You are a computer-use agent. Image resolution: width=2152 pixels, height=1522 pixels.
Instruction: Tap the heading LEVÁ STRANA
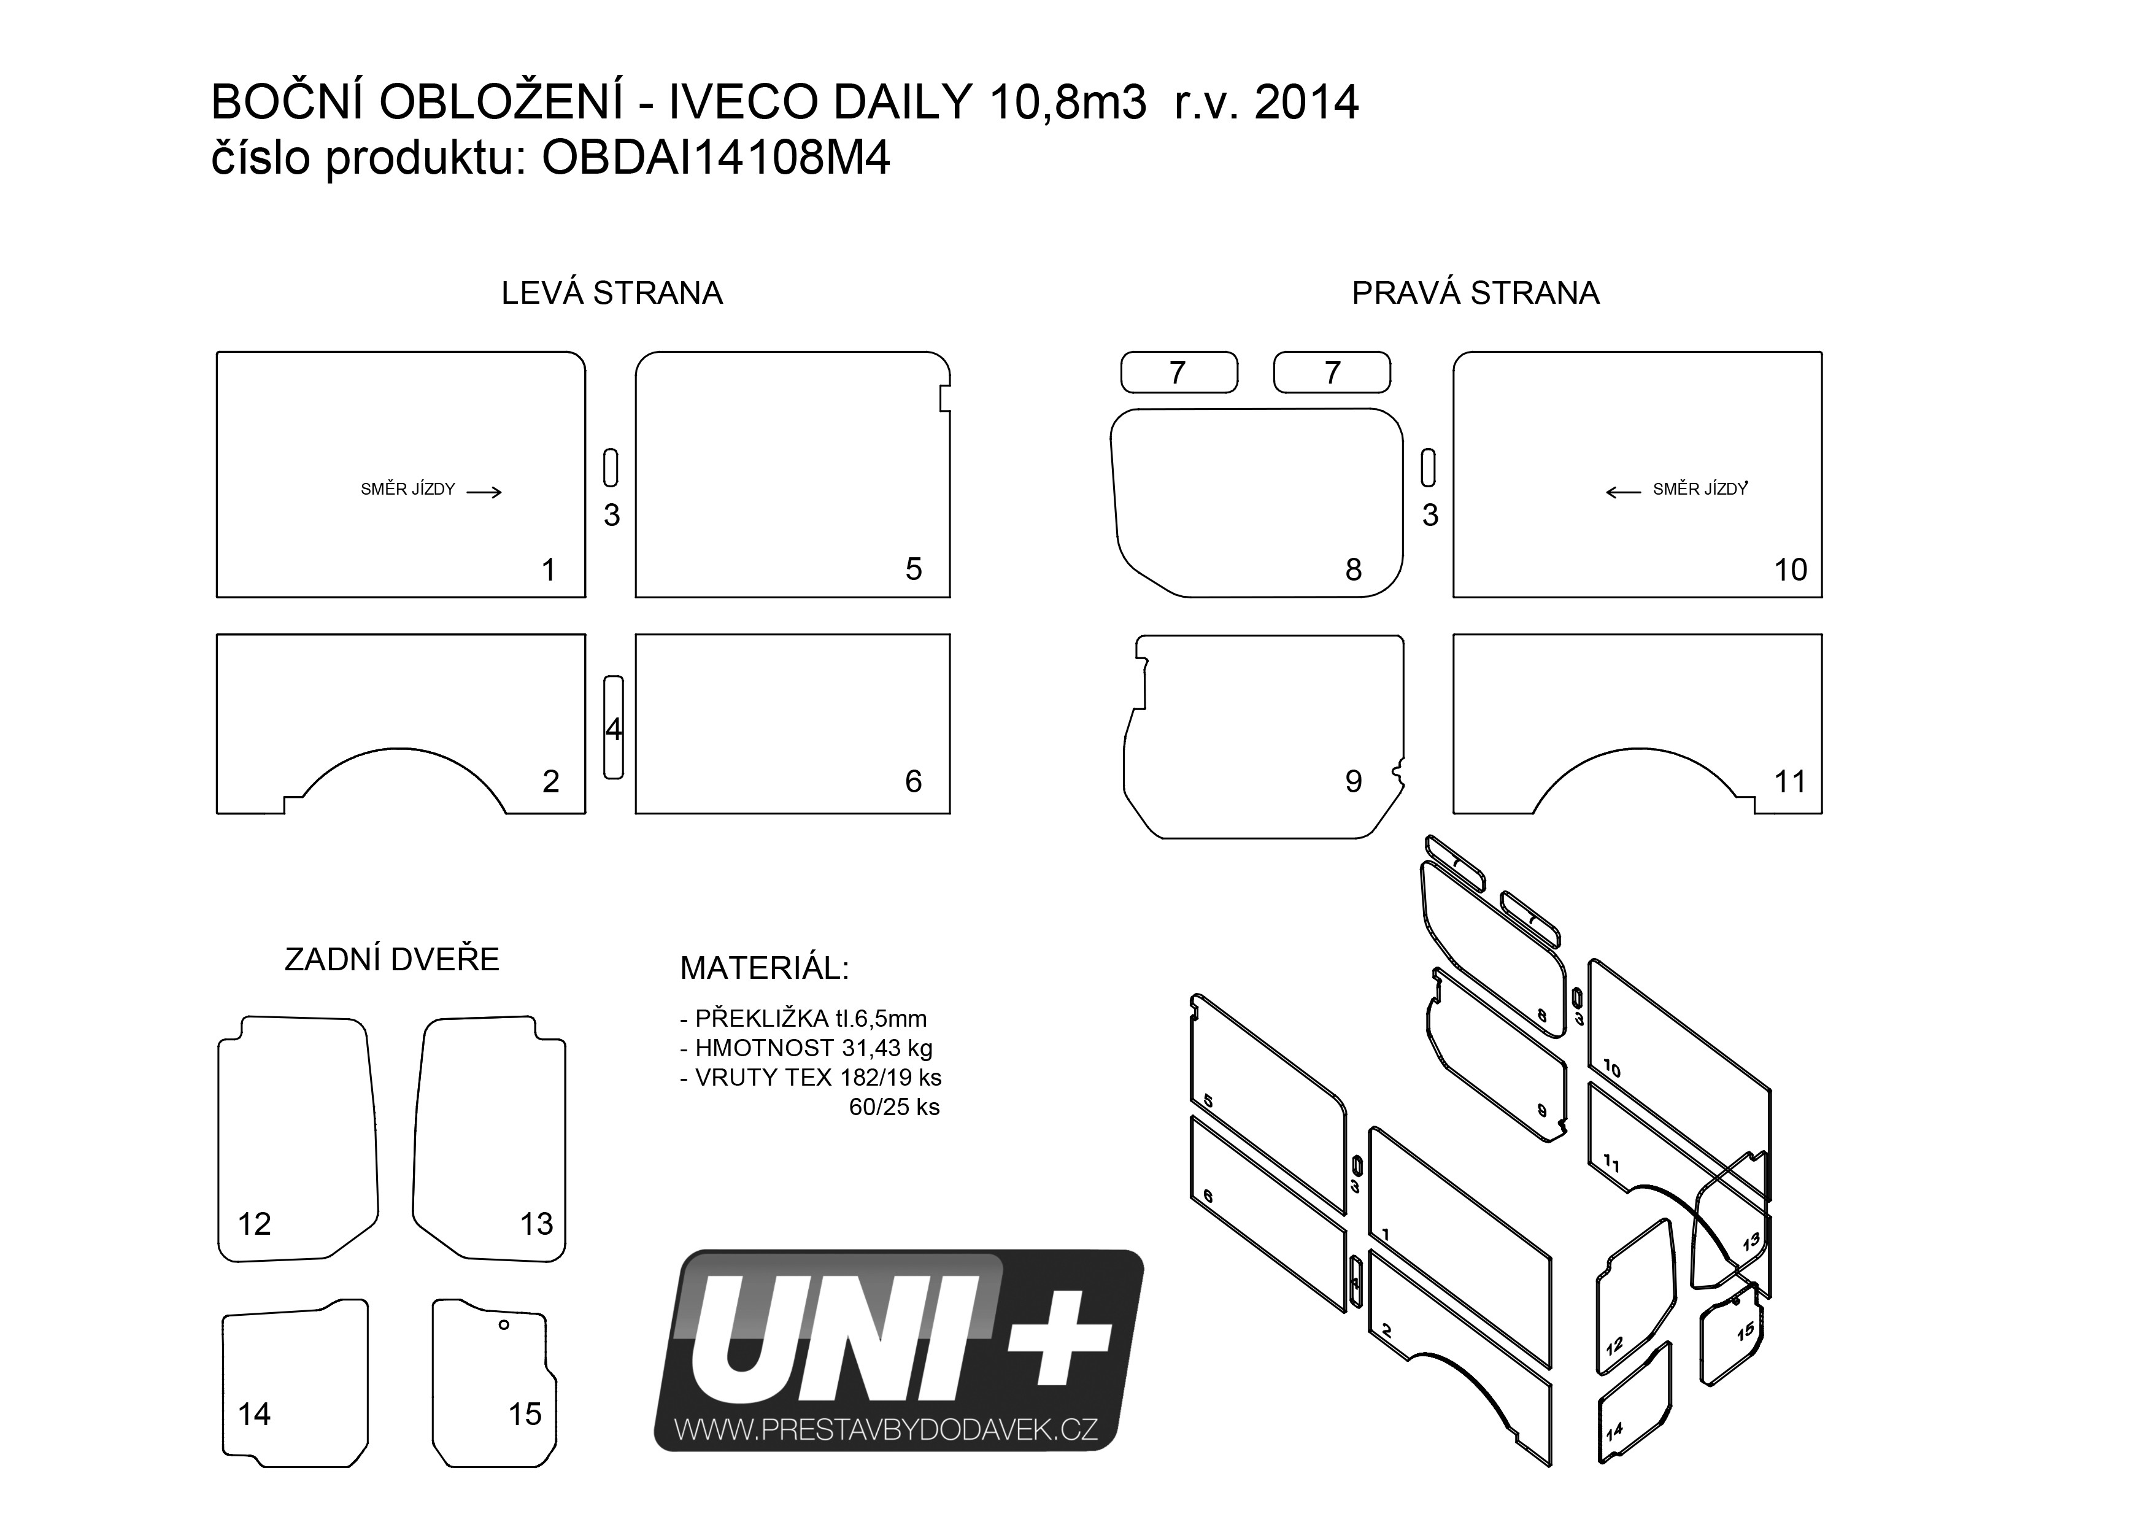pyautogui.click(x=611, y=293)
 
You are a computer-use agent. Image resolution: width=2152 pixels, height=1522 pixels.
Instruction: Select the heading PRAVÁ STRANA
pyautogui.click(x=1475, y=293)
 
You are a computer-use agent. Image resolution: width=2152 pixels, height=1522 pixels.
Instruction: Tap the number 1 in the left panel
pyautogui.click(x=549, y=569)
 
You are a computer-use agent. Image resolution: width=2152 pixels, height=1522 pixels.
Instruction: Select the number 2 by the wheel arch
pyautogui.click(x=550, y=781)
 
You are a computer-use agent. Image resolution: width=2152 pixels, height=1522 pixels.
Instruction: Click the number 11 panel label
pyautogui.click(x=1789, y=781)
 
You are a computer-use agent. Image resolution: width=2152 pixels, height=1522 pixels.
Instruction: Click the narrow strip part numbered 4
pyautogui.click(x=613, y=727)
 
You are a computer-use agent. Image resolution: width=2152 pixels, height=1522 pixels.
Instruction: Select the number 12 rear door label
pyautogui.click(x=254, y=1223)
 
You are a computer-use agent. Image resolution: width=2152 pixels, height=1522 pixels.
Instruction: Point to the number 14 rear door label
pyautogui.click(x=254, y=1413)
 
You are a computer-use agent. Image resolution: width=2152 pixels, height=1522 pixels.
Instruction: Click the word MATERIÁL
pyautogui.click(x=764, y=968)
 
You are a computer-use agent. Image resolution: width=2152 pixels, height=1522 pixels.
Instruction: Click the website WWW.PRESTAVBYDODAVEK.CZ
pyautogui.click(x=885, y=1429)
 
